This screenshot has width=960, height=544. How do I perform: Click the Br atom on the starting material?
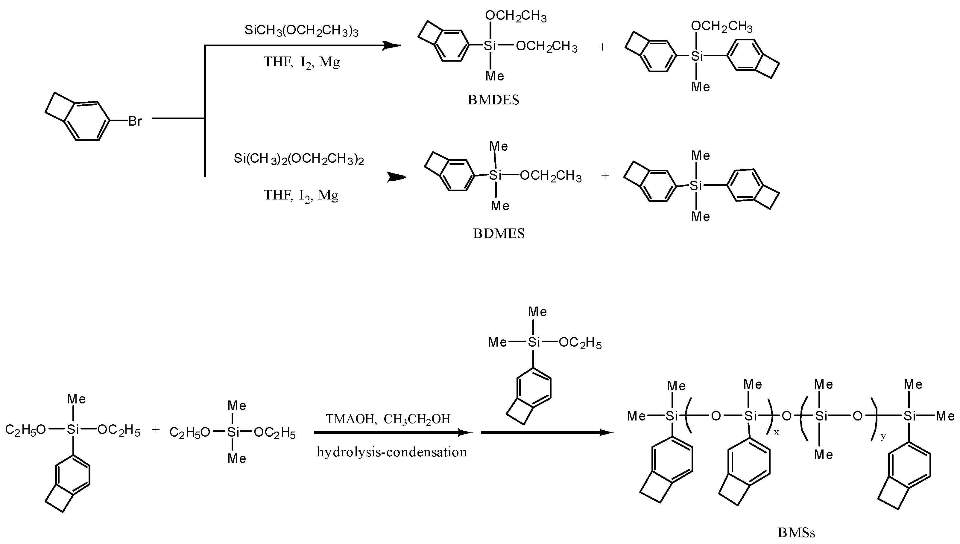point(135,121)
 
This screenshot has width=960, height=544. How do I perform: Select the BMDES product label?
point(493,100)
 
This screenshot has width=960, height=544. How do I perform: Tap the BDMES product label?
point(499,234)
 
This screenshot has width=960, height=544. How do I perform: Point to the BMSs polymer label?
point(796,532)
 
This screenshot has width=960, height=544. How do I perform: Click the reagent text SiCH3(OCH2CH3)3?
point(301,31)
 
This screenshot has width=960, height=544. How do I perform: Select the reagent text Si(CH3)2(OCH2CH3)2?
point(299,159)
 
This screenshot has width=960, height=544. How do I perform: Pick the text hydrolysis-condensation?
point(392,452)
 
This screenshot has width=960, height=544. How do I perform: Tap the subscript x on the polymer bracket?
point(777,432)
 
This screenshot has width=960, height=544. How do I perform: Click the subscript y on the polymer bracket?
point(883,436)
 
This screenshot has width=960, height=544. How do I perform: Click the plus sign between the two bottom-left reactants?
point(156,430)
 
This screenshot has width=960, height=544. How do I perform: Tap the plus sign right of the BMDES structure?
point(602,47)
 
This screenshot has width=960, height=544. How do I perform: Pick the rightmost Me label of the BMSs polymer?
point(945,416)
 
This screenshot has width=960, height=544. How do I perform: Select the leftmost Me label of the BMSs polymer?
point(636,416)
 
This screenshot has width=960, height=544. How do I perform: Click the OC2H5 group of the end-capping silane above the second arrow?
point(580,343)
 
